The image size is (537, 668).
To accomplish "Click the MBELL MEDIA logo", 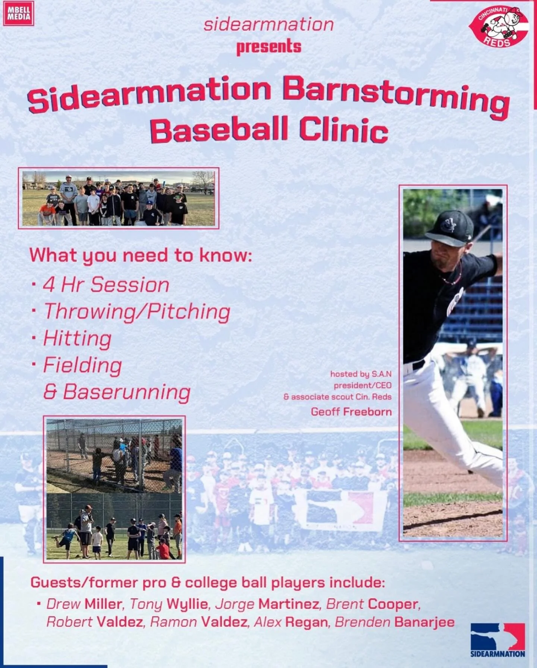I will tap(18, 14).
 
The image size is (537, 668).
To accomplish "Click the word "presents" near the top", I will tap(268, 47).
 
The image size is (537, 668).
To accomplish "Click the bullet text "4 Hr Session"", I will tap(106, 285).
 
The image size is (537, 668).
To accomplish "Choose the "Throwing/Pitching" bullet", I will tap(137, 312).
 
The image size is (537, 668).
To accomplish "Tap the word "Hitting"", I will tap(77, 339).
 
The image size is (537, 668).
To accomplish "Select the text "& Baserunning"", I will tap(117, 392).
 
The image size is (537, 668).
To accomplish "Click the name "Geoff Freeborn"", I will tap(351, 412).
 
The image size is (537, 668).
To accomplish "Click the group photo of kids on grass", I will tap(118, 198).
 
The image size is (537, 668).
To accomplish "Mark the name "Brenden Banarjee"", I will tap(395, 622).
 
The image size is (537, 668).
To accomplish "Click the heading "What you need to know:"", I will tap(141, 256).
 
